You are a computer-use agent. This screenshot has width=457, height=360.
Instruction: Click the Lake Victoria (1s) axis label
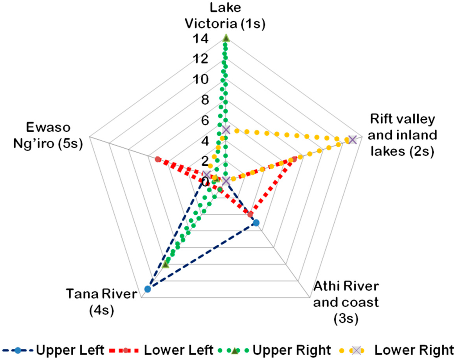click(227, 16)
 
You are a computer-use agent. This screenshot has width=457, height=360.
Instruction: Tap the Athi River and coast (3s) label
click(346, 301)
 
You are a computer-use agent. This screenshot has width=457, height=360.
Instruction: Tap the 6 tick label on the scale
click(202, 121)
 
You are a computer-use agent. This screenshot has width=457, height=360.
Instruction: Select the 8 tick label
click(202, 100)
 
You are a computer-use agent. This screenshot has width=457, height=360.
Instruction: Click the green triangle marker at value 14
click(226, 38)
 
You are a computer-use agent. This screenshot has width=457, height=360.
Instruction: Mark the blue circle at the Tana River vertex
click(148, 289)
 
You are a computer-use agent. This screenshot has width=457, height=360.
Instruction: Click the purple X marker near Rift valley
click(352, 140)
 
